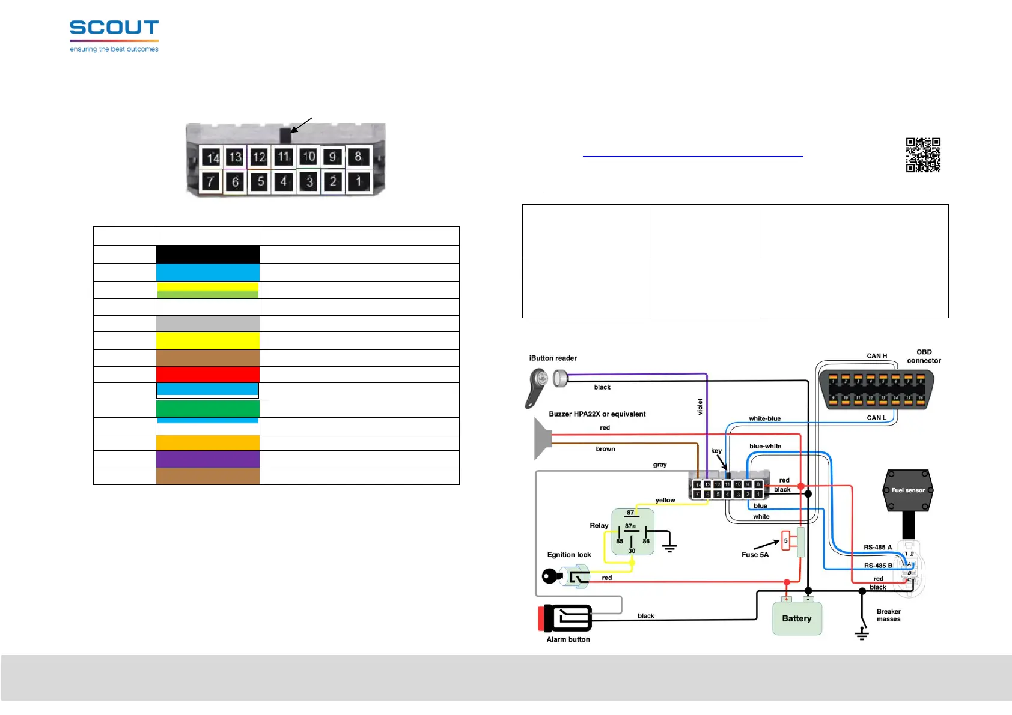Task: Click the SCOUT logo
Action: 114,35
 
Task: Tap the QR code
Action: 923,155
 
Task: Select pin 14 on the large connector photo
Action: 211,157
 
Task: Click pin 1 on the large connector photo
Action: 359,181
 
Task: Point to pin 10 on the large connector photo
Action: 308,157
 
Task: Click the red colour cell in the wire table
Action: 208,375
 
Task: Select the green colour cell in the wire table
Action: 208,409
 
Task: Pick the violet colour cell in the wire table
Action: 208,459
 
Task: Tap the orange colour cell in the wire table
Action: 208,442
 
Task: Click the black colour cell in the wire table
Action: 208,254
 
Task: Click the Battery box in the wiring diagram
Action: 797,618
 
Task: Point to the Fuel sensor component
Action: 907,490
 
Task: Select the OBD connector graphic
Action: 877,388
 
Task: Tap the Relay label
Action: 599,525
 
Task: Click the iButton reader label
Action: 553,358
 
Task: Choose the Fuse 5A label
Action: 755,555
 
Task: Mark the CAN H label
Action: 877,356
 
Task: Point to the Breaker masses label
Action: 888,615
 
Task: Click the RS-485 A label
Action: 877,548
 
